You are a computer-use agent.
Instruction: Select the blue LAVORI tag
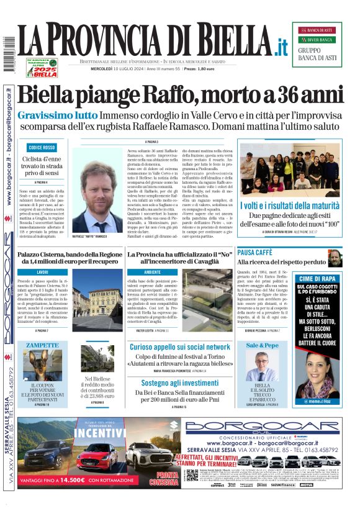(42, 272)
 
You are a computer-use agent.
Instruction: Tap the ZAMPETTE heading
(42, 345)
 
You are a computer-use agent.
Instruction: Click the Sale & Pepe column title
(263, 345)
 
